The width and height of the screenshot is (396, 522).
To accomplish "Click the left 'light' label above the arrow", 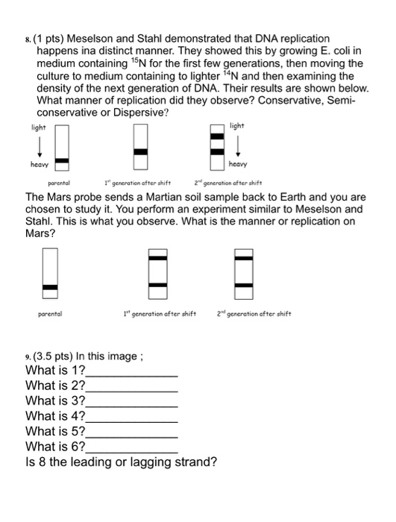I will pos(38,128).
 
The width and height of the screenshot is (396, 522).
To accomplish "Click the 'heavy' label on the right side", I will pos(238,164).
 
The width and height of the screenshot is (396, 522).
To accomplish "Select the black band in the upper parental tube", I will pos(63,160).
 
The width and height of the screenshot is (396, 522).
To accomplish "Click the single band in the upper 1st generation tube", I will pos(140,152).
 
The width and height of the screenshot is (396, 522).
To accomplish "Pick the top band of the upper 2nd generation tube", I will pos(217,136).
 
